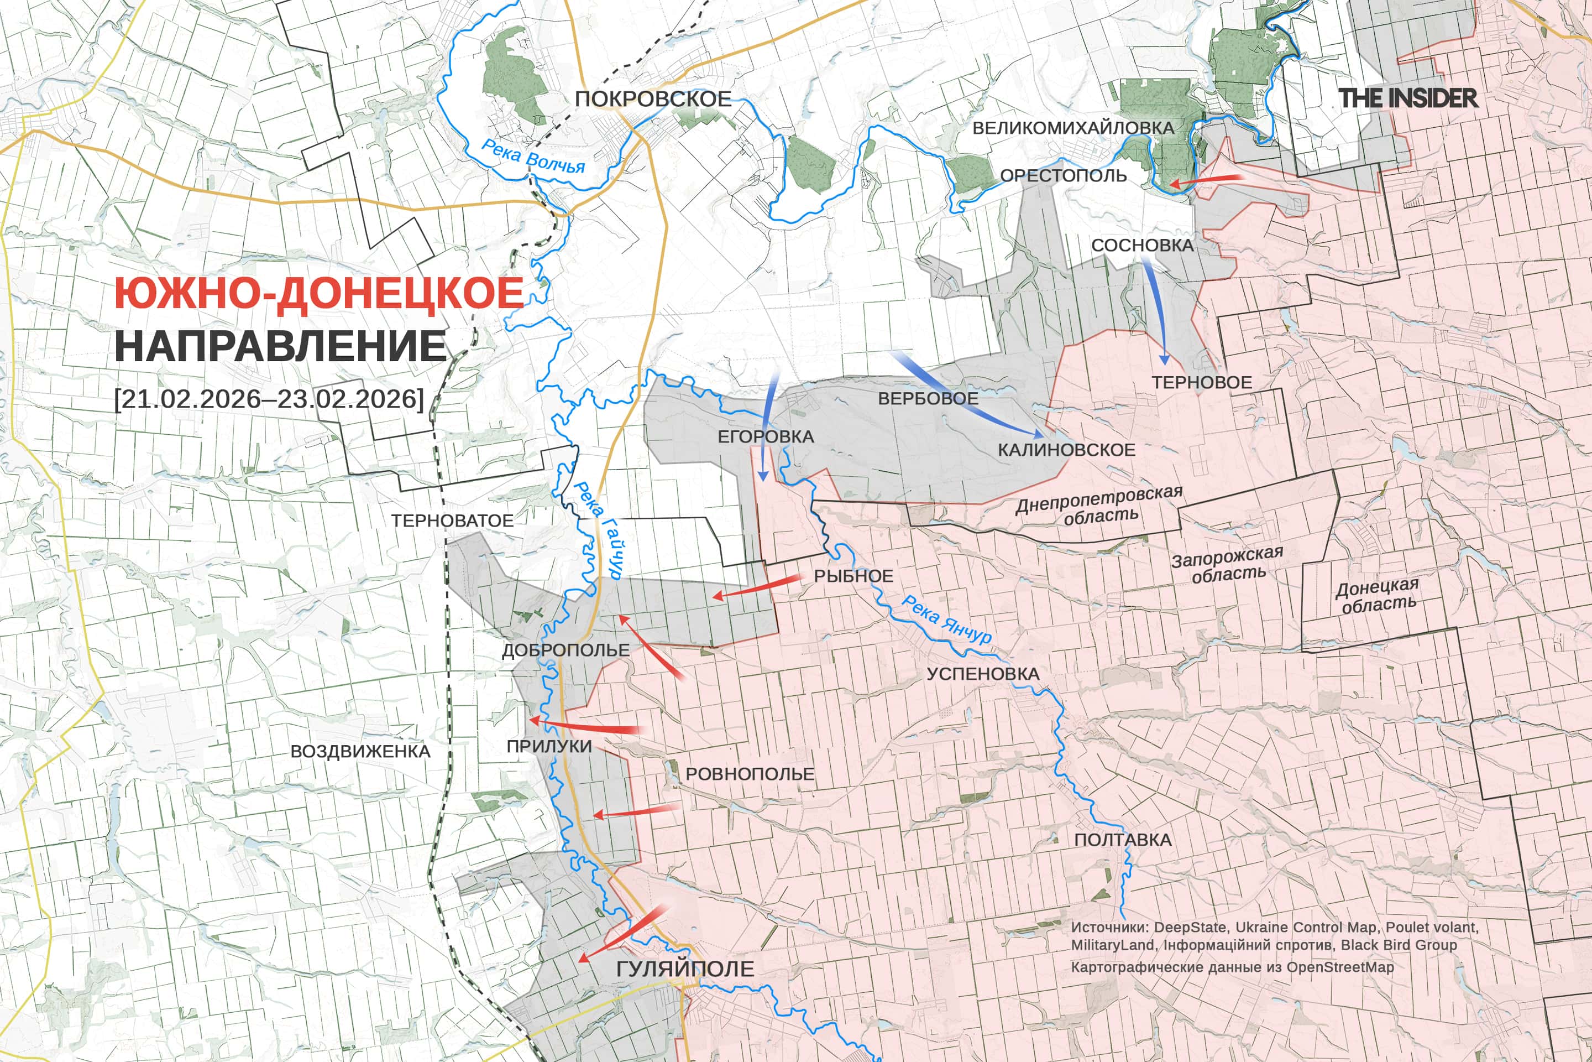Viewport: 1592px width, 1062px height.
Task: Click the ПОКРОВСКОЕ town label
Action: click(653, 99)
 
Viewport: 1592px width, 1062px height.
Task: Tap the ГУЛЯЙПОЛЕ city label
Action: click(685, 969)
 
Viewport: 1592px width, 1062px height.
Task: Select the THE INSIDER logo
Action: click(1408, 98)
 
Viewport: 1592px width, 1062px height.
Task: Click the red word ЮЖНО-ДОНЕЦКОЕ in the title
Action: click(319, 293)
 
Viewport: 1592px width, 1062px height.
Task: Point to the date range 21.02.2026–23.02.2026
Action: click(269, 398)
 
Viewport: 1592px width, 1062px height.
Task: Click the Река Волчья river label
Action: click(533, 156)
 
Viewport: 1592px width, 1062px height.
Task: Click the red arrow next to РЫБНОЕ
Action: click(755, 588)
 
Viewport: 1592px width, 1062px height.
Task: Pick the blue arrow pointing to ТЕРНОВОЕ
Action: click(1155, 311)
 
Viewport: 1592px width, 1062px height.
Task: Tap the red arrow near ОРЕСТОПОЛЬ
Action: click(1206, 180)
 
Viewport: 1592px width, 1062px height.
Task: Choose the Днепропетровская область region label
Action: click(1099, 505)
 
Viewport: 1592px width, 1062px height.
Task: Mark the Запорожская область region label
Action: click(1227, 564)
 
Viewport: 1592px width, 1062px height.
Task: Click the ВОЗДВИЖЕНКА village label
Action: click(360, 751)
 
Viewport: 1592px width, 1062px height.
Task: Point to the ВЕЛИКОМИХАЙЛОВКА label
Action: click(1073, 127)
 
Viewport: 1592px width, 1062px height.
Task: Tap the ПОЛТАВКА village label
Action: click(1122, 840)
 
